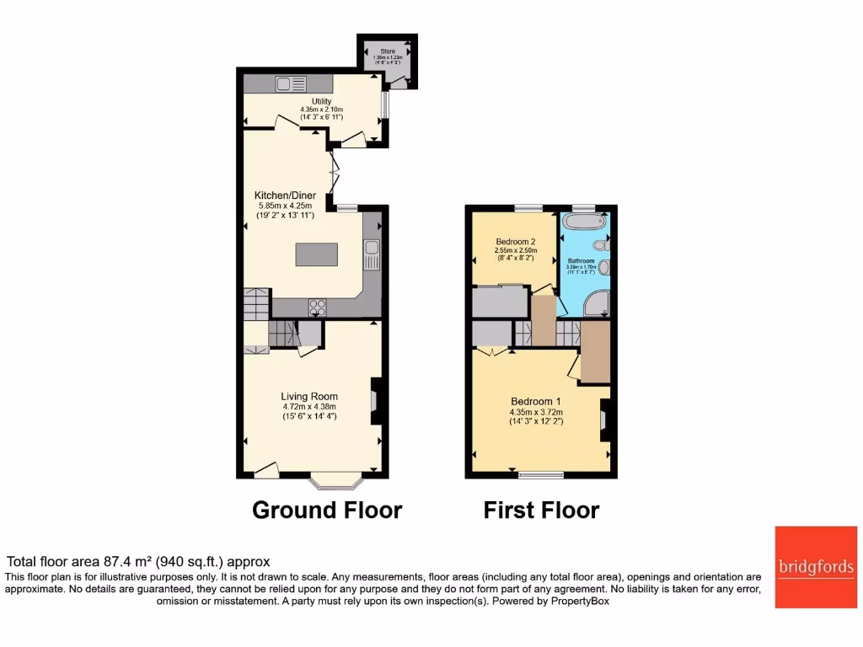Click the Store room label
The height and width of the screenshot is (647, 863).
tap(388, 51)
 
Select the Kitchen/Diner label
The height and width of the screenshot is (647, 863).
tap(287, 195)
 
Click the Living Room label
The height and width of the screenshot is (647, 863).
tap(309, 396)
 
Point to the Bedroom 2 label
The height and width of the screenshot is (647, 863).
tap(516, 241)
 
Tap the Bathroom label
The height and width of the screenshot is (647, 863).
tap(581, 261)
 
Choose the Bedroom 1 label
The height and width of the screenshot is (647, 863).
tap(535, 401)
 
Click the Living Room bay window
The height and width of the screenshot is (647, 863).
tap(336, 481)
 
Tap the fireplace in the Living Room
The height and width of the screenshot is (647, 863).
tap(375, 400)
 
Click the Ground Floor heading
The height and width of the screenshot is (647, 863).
tap(327, 510)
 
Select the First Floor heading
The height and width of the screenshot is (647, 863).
tap(541, 510)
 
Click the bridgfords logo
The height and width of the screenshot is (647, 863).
tap(816, 567)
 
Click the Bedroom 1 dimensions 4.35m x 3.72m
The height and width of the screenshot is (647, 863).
tap(535, 412)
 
